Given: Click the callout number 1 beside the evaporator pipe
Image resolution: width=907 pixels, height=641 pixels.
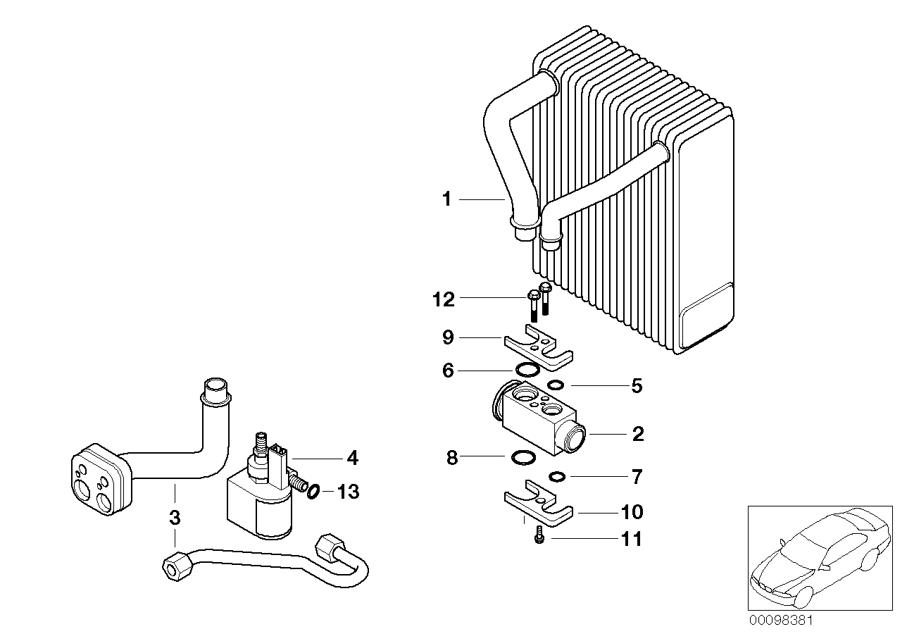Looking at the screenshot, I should click(x=446, y=200).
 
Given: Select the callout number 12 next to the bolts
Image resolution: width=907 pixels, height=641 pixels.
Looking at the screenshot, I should click(x=444, y=299).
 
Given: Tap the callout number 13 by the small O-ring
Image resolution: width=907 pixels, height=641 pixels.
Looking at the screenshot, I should click(x=347, y=492).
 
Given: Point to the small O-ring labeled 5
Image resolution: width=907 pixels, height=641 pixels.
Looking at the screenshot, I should click(x=556, y=385).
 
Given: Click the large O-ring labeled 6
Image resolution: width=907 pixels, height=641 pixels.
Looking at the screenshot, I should click(x=527, y=369).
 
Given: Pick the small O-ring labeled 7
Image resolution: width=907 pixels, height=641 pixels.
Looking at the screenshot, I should click(x=558, y=477).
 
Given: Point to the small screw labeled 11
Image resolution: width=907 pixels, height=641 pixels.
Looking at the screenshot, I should click(x=539, y=537).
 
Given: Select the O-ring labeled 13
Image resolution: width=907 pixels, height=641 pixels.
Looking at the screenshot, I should click(x=314, y=490).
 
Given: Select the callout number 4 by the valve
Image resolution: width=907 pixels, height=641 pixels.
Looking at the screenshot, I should click(x=352, y=458).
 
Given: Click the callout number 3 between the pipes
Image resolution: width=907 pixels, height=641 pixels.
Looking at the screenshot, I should click(x=175, y=518).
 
